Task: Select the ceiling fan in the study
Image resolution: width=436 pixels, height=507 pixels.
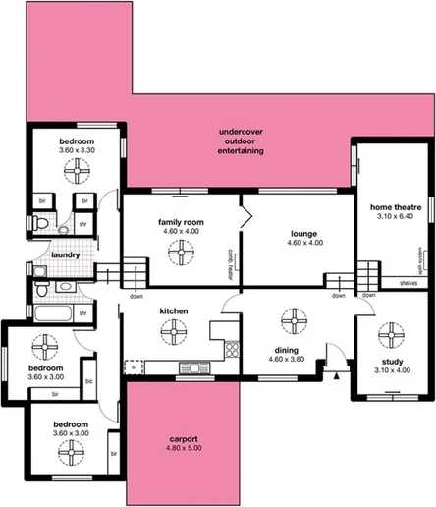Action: click(x=391, y=331)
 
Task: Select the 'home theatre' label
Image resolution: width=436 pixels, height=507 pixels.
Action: click(x=391, y=208)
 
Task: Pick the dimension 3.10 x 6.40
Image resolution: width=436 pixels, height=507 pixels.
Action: click(x=391, y=218)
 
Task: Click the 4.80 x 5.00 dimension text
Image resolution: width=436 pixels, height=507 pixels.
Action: click(x=184, y=449)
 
